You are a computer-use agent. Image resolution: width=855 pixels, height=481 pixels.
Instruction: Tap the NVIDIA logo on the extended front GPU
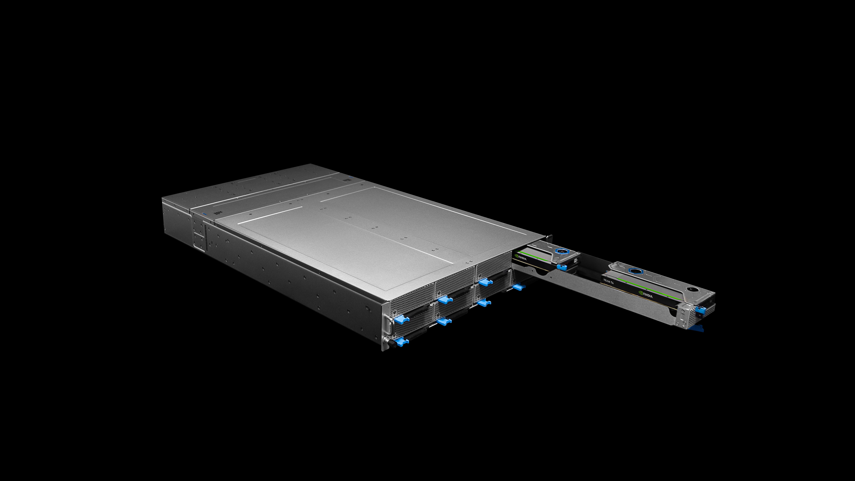point(646,294)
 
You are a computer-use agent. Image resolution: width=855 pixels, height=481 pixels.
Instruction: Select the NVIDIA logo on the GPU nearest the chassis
point(520,257)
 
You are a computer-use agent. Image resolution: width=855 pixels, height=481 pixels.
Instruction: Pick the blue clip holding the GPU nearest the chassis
point(562,267)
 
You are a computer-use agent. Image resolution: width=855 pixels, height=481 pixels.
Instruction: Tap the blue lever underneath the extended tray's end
point(696,328)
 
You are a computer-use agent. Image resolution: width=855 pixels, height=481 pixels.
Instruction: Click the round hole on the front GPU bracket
point(690,289)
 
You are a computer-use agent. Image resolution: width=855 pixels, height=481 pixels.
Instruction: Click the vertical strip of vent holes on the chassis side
point(206,237)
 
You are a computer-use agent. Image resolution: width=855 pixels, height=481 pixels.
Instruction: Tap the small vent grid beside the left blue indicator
point(217,212)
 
